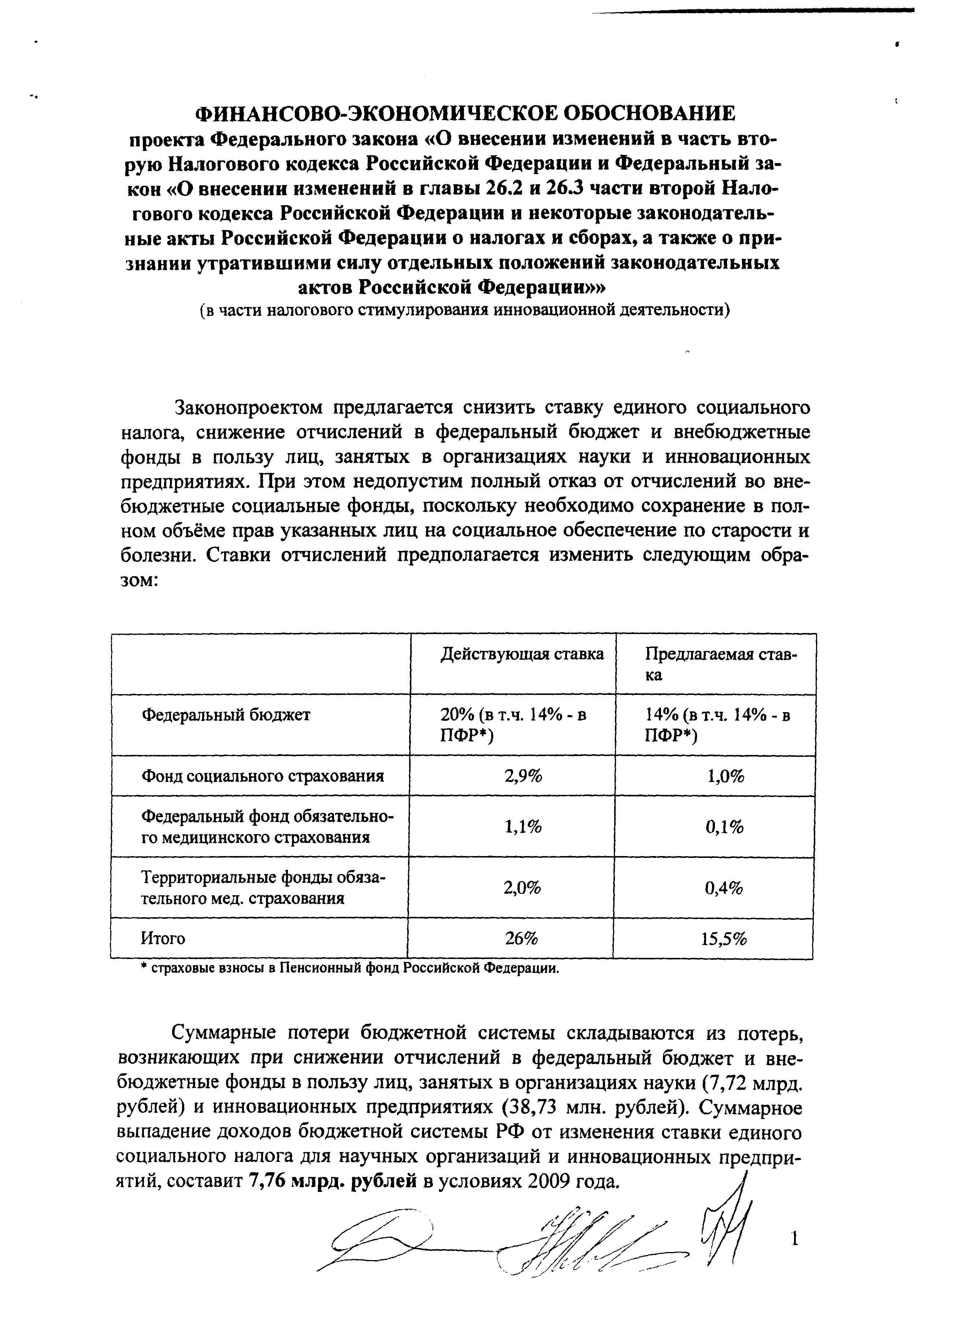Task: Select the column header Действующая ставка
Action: [x=522, y=654]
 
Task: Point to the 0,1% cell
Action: [x=724, y=827]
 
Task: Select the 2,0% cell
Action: [x=522, y=888]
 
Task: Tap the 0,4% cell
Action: [x=724, y=888]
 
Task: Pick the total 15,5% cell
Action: [x=724, y=939]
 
